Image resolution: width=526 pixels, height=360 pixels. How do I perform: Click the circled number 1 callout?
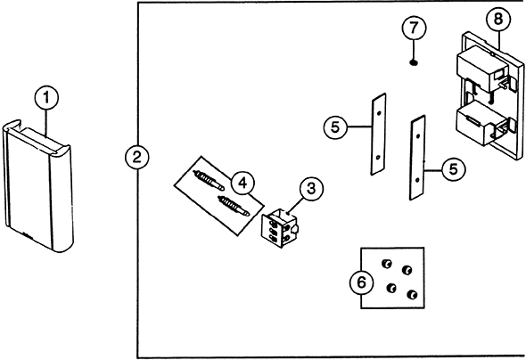[46, 98]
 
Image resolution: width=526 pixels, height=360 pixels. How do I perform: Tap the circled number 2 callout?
[137, 157]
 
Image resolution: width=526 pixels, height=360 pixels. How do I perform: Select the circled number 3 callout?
[312, 188]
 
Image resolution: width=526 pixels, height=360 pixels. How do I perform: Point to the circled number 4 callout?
[242, 183]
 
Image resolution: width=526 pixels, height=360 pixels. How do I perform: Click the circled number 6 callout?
[361, 282]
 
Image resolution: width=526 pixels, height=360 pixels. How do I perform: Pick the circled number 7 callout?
[414, 28]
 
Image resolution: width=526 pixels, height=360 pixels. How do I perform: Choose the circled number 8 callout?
[498, 19]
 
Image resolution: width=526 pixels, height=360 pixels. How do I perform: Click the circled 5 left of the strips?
[335, 127]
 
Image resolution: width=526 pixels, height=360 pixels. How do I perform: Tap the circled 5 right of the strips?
[453, 169]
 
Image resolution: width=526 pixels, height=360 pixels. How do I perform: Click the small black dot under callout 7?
[414, 62]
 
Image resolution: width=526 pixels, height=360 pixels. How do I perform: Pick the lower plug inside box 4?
[234, 206]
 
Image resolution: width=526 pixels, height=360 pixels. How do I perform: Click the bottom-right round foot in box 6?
[412, 295]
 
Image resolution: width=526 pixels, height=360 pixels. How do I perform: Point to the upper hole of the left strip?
[379, 113]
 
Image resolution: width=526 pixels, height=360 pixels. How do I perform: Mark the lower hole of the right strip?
[417, 180]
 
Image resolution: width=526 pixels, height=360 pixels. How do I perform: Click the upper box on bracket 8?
[481, 70]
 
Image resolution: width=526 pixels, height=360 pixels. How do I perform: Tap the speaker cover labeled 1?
[38, 185]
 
